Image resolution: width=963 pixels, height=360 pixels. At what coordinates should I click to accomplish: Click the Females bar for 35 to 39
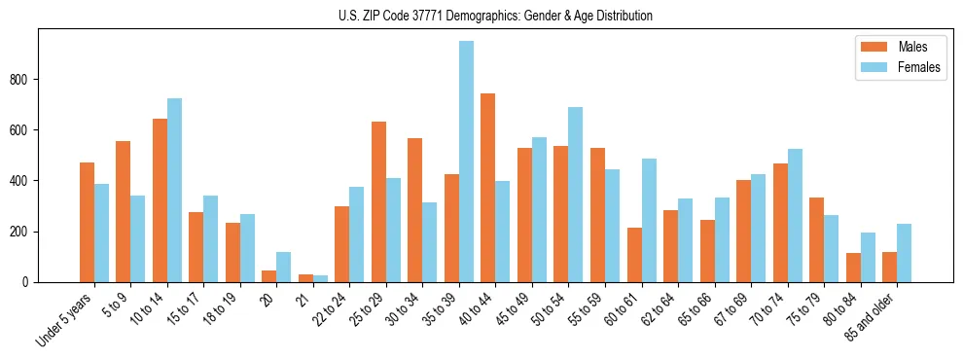point(467,162)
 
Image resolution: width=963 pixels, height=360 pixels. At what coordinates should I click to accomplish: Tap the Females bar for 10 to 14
point(174,191)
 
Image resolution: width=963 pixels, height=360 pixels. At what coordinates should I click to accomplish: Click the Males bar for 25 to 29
point(378,201)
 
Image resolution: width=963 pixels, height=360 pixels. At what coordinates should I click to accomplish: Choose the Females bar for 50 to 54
point(576,195)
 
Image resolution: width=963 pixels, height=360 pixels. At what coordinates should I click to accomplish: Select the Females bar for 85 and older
point(905,253)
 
